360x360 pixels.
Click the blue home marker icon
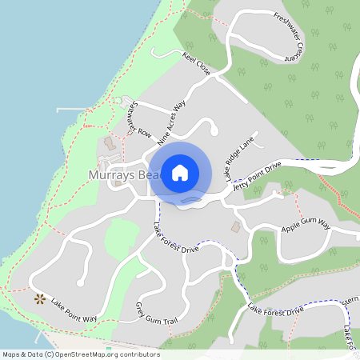[179, 172]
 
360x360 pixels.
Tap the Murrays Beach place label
[120, 174]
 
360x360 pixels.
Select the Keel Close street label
[196, 65]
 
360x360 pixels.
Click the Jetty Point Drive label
[258, 174]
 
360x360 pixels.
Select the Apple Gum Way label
[306, 228]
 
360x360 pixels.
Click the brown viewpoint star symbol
[39, 299]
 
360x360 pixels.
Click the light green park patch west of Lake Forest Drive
[122, 238]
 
